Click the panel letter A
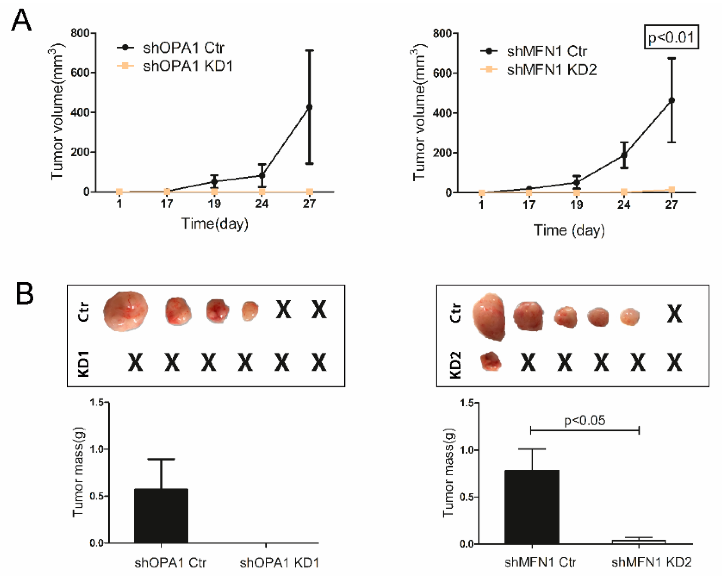pyautogui.click(x=21, y=21)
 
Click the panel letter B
pyautogui.click(x=25, y=293)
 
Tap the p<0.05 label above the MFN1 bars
pyautogui.click(x=585, y=420)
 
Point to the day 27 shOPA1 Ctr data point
pyautogui.click(x=309, y=107)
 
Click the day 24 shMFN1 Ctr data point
pyautogui.click(x=624, y=155)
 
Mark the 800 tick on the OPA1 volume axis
pyautogui.click(x=80, y=33)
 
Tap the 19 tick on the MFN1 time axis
pyautogui.click(x=576, y=205)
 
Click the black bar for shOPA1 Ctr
pyautogui.click(x=161, y=516)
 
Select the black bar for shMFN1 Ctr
pyautogui.click(x=532, y=507)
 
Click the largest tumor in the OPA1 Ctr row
pyautogui.click(x=125, y=311)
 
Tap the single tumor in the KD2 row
pyautogui.click(x=491, y=362)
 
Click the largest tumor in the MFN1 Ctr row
pyautogui.click(x=489, y=317)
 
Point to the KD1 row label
pyautogui.click(x=84, y=364)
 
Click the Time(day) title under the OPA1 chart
pyautogui.click(x=215, y=224)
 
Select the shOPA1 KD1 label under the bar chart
pyautogui.click(x=279, y=563)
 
